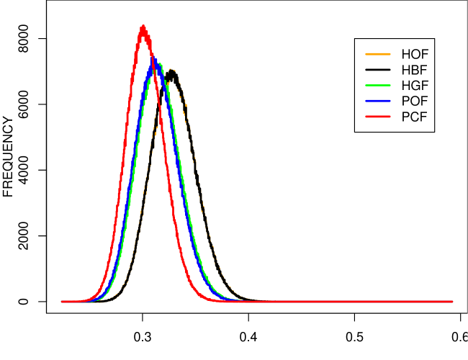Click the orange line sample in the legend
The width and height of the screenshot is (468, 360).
[378, 54]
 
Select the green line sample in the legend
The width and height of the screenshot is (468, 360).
[378, 85]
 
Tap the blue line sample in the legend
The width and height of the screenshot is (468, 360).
[378, 101]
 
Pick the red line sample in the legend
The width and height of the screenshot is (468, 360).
[378, 116]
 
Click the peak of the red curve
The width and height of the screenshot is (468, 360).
[143, 27]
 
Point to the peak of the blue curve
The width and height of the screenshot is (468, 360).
[154, 58]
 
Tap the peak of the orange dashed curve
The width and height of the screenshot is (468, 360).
[172, 70]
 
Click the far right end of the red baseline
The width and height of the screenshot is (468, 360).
[452, 302]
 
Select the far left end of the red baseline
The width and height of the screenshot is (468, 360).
[62, 302]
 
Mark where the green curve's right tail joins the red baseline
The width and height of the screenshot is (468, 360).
[234, 300]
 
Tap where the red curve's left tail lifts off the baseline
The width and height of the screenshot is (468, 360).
[81, 300]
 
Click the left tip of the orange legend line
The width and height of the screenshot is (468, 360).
[366, 54]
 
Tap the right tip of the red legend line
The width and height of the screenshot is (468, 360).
[390, 116]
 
